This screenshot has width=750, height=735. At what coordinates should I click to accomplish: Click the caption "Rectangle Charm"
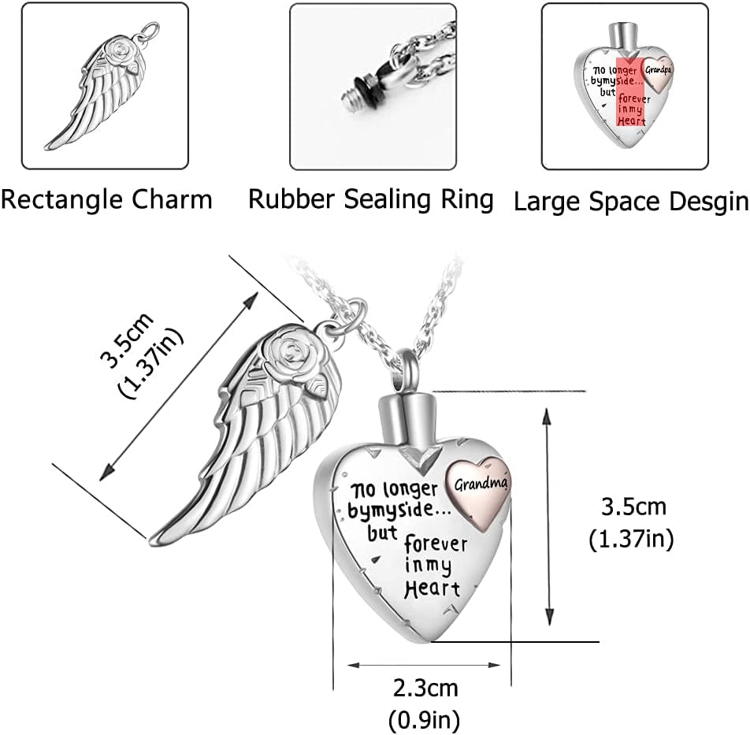(106, 199)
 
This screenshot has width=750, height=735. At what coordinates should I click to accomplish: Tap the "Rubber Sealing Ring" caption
(371, 199)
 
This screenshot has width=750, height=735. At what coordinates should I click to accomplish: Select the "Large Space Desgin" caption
(630, 202)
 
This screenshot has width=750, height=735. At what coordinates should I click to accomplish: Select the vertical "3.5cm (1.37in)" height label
(631, 522)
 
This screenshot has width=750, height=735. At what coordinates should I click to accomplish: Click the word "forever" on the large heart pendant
(436, 545)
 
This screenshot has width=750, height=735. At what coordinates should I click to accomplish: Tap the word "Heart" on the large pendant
(431, 587)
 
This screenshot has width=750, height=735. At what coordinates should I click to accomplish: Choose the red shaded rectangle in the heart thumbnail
(630, 91)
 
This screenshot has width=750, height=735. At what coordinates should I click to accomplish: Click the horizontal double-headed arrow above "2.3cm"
(423, 665)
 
